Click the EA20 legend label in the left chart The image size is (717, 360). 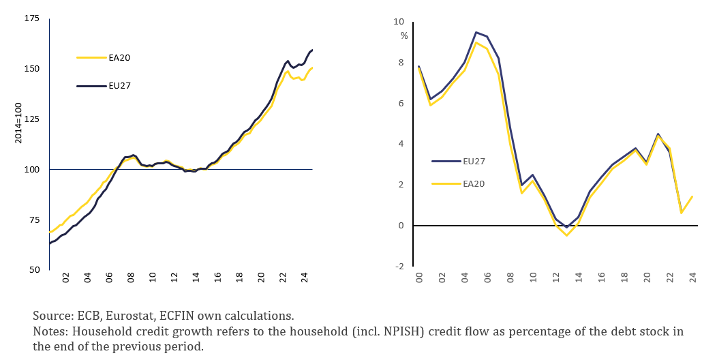tap(119, 57)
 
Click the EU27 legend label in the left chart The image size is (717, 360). tap(119, 86)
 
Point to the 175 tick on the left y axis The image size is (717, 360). tap(31, 18)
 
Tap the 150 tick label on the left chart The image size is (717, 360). tap(31, 69)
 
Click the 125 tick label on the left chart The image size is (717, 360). tap(31, 119)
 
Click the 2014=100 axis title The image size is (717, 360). tap(18, 123)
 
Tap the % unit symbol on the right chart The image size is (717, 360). tap(404, 35)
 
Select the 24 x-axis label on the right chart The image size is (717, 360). tap(692, 278)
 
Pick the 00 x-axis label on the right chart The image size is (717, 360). tap(418, 278)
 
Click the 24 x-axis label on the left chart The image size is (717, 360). tap(305, 278)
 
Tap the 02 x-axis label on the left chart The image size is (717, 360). tap(65, 278)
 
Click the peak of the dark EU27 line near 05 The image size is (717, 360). tap(476, 32)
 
